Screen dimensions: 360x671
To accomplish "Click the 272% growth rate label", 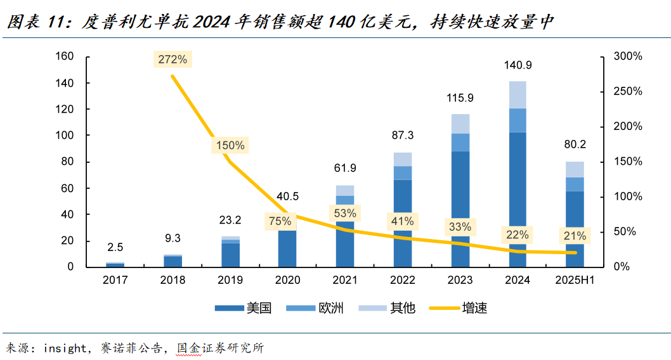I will [173, 60].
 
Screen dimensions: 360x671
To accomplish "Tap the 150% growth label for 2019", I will [230, 145].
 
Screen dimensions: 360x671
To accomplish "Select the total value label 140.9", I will [518, 65].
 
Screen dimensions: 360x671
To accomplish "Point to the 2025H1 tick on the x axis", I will [575, 280].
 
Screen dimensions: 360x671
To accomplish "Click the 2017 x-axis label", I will [115, 280].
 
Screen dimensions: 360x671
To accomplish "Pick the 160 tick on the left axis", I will [66, 56].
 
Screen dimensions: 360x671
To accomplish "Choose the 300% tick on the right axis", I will [628, 56].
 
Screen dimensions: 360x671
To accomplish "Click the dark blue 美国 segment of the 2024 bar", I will [518, 196].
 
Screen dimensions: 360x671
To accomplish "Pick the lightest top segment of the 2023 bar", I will [460, 124].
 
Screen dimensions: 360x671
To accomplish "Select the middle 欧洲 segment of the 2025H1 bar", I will [575, 184].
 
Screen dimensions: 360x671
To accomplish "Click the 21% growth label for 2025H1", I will [575, 236].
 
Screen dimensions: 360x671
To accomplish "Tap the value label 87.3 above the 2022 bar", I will [403, 136].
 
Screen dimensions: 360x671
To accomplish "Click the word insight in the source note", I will [63, 348].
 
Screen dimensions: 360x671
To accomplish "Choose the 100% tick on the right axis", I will [628, 196].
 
